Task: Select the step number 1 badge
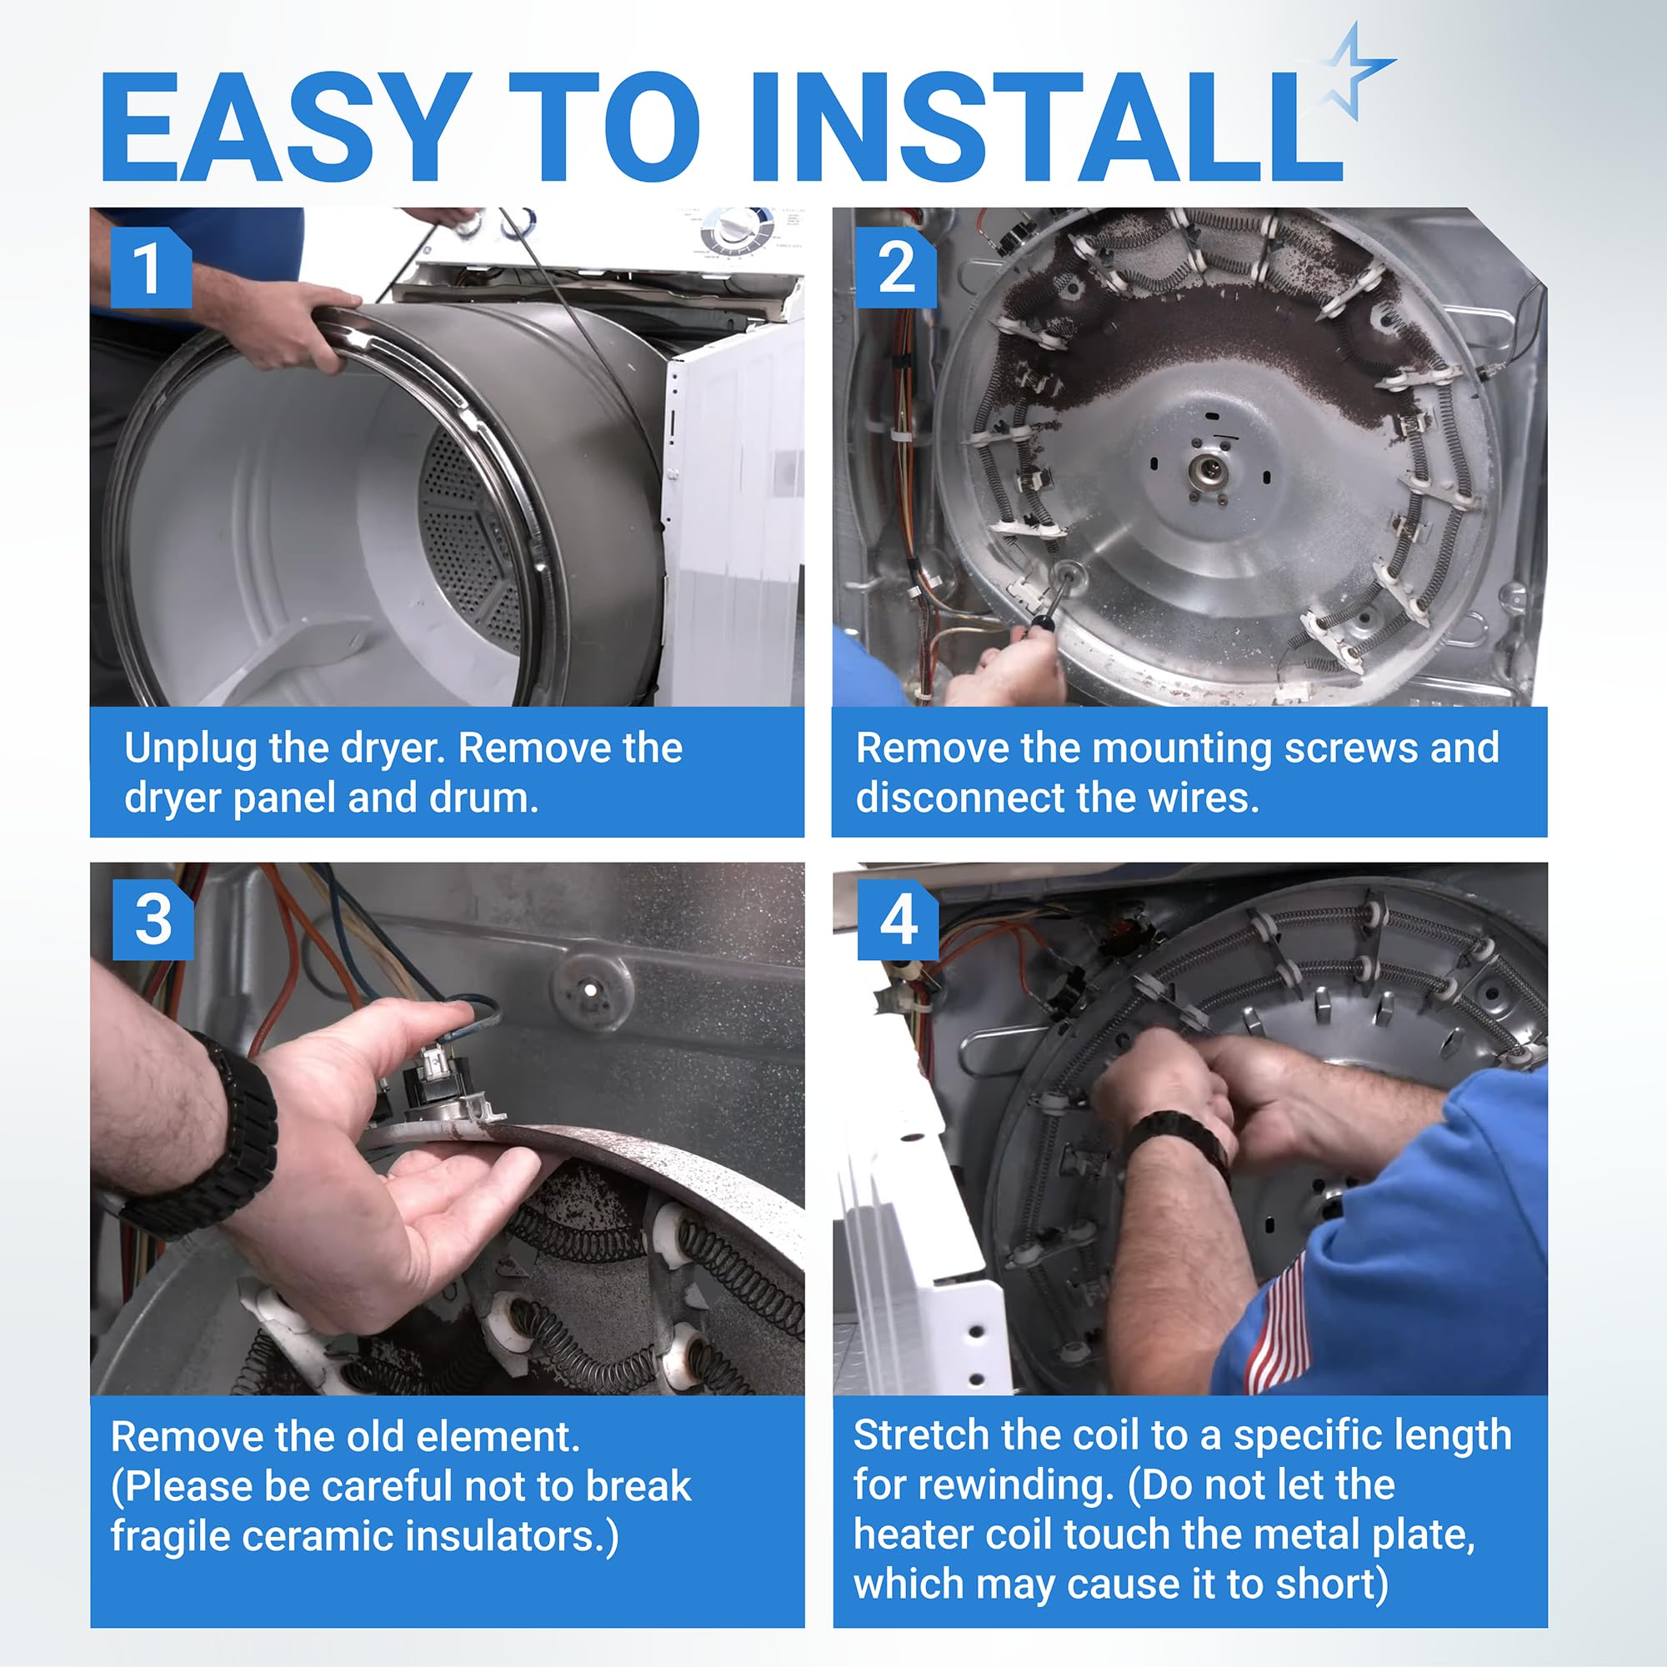pyautogui.click(x=151, y=268)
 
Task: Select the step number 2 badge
pyautogui.click(x=896, y=268)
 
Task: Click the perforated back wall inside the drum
pyautogui.click(x=470, y=535)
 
